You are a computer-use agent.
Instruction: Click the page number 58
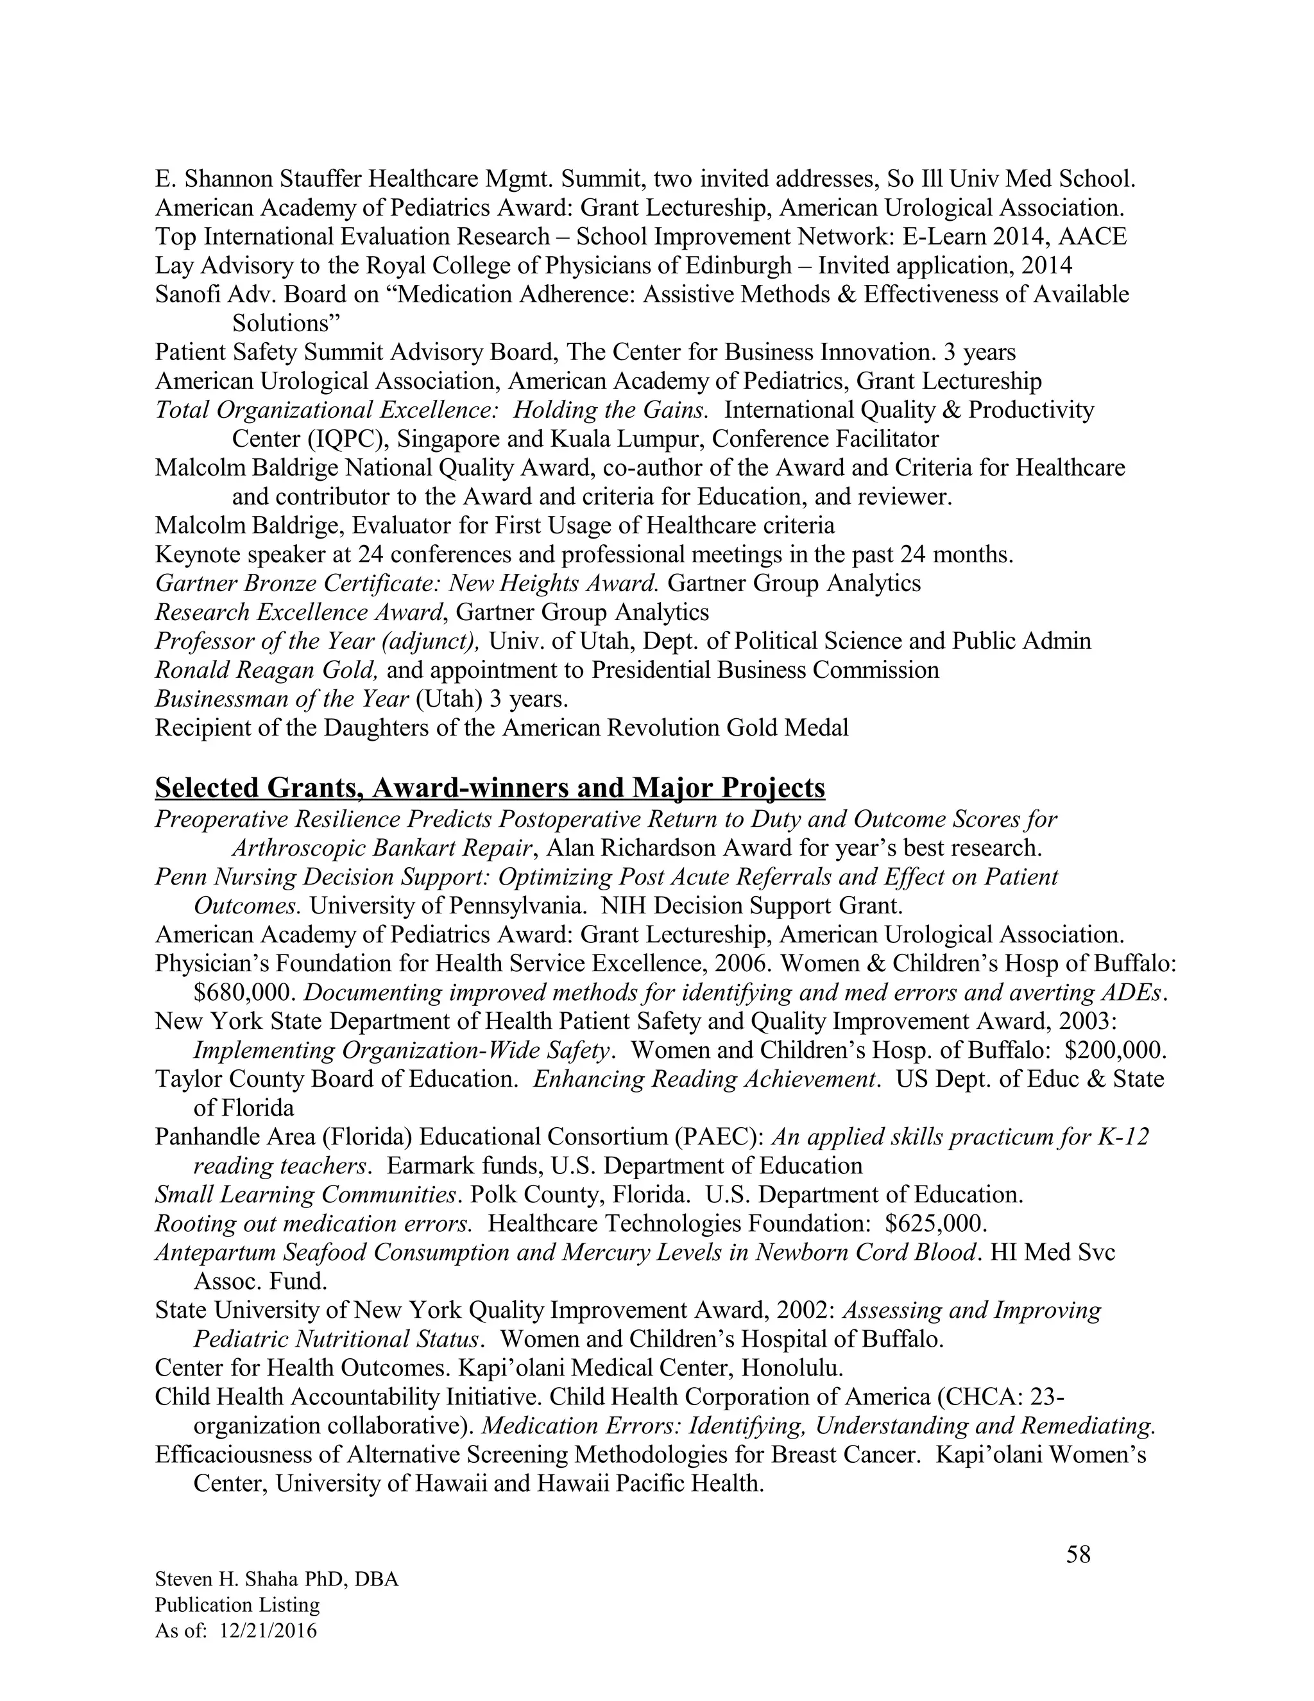[1078, 1555]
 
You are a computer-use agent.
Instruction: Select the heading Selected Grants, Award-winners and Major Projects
[490, 788]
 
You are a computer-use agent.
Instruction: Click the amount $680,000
[244, 992]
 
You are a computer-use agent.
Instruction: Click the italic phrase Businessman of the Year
[282, 698]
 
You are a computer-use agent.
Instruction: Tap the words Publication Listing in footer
[237, 1605]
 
